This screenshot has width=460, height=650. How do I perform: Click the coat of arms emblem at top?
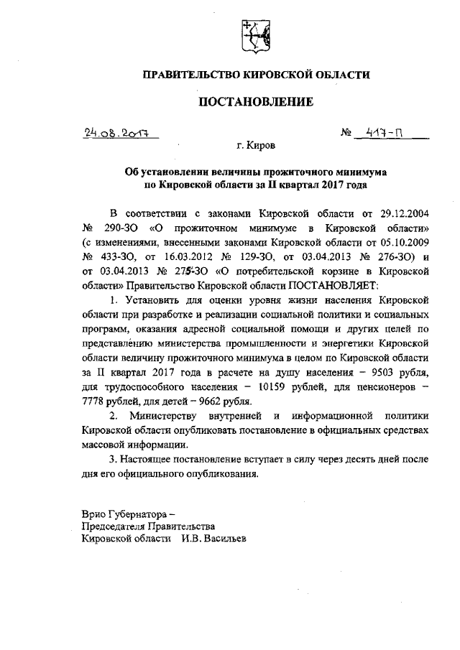click(x=255, y=35)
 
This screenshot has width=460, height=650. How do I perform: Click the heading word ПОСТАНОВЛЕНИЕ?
click(x=256, y=102)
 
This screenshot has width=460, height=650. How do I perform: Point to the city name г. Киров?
click(x=256, y=146)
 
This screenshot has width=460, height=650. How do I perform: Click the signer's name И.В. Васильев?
click(x=213, y=538)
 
